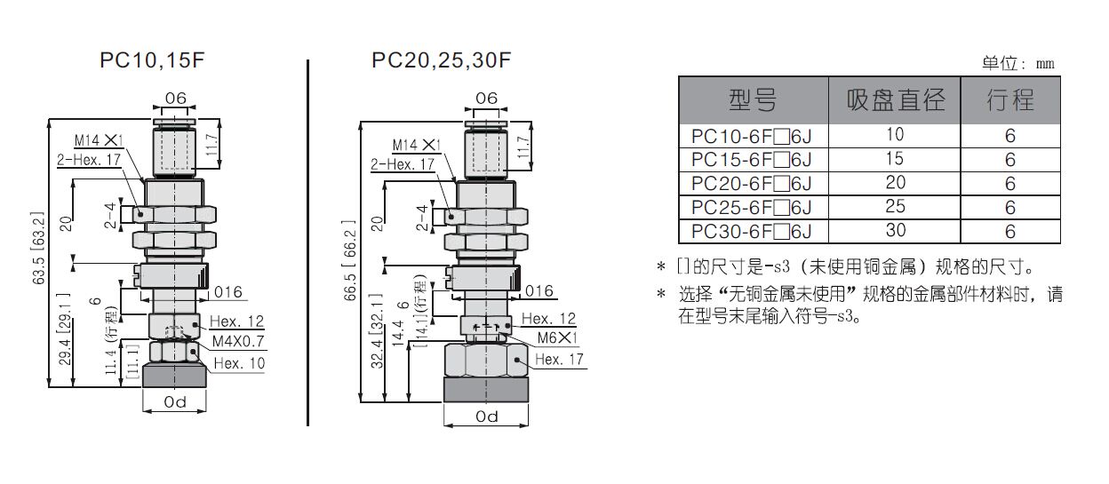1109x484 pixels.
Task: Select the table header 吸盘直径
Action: tap(895, 99)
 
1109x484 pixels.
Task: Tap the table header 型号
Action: tap(753, 99)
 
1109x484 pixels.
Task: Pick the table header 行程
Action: tap(1010, 99)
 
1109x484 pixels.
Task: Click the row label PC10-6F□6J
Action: tap(753, 136)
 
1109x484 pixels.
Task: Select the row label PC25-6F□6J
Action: tap(753, 208)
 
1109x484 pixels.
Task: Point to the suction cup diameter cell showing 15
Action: tap(894, 160)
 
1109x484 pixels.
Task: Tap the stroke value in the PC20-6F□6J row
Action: tap(1010, 184)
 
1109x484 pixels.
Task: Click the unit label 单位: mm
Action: tap(1018, 63)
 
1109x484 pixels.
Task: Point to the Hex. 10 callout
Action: tap(239, 362)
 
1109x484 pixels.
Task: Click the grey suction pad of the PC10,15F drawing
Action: tap(174, 375)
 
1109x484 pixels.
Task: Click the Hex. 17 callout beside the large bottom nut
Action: tap(560, 359)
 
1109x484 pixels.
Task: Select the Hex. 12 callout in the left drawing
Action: tap(237, 321)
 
